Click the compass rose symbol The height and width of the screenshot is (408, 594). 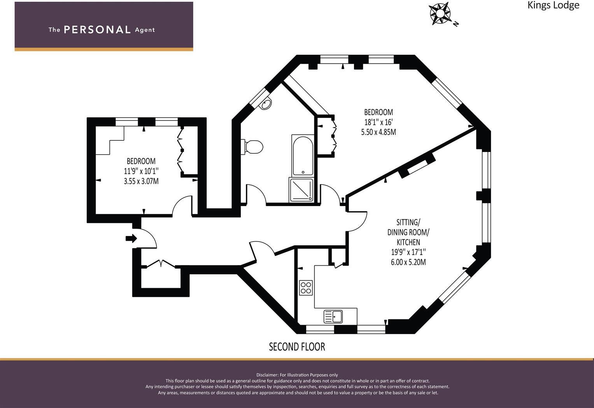[x=440, y=13]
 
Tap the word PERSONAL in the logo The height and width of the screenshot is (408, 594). [x=97, y=30]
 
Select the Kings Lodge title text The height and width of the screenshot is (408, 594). [x=554, y=5]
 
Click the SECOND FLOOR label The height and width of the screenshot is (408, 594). [x=297, y=347]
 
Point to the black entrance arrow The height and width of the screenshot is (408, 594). [x=131, y=238]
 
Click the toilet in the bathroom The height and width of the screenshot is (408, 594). [x=252, y=147]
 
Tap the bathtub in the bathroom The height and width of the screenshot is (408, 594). [x=303, y=156]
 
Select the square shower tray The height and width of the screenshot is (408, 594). [x=301, y=190]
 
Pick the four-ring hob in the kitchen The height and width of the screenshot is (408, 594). [x=306, y=288]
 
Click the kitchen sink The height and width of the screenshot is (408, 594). [x=333, y=317]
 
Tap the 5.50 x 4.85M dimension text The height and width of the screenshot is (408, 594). [x=378, y=132]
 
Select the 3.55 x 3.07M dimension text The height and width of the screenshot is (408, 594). [x=141, y=181]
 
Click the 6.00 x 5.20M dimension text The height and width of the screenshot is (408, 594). [x=408, y=262]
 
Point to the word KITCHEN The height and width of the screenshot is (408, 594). [x=408, y=242]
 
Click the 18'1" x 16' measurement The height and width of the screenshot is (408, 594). [x=378, y=122]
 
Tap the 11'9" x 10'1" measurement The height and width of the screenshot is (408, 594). [x=141, y=171]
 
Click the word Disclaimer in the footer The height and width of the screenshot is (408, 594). [x=266, y=375]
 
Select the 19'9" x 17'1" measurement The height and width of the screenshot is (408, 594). [x=408, y=252]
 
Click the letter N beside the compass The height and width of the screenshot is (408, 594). [x=456, y=24]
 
